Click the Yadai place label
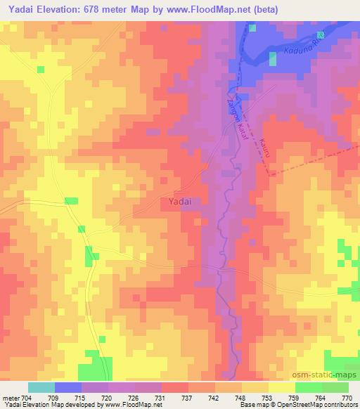pyautogui.click(x=181, y=202)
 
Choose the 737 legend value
pyautogui.click(x=188, y=397)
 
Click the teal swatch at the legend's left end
pyautogui.click(x=41, y=387)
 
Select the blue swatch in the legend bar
pyautogui.click(x=68, y=387)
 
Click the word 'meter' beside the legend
pyautogui.click(x=9, y=397)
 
